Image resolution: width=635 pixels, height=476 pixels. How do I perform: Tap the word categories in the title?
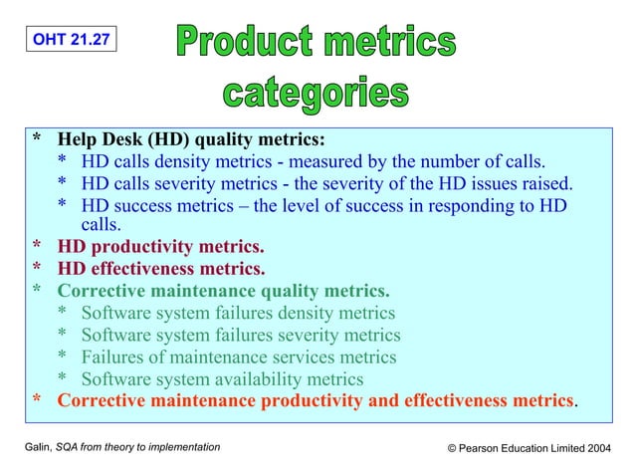(x=315, y=94)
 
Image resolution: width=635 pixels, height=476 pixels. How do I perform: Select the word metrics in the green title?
(x=394, y=42)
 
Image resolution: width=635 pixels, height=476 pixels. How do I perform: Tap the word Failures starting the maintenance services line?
(x=113, y=357)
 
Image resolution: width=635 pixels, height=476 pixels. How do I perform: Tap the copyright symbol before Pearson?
(x=453, y=449)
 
